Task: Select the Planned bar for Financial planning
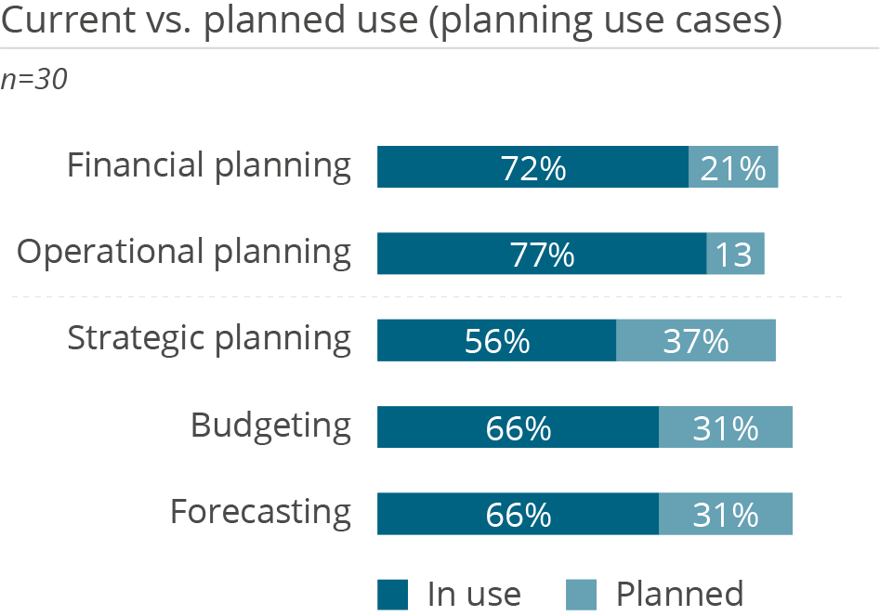point(733,167)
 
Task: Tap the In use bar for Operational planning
point(483,254)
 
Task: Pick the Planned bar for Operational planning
point(735,254)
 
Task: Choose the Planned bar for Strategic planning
point(695,340)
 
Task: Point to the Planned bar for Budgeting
point(725,427)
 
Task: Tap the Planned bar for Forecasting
point(725,514)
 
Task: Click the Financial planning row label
point(209,166)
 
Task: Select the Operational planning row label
point(185,253)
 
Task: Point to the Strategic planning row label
point(209,339)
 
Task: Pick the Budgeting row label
point(270,426)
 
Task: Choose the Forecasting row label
point(260,513)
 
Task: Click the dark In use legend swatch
point(392,595)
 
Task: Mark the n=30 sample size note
point(34,80)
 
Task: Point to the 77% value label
point(543,255)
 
